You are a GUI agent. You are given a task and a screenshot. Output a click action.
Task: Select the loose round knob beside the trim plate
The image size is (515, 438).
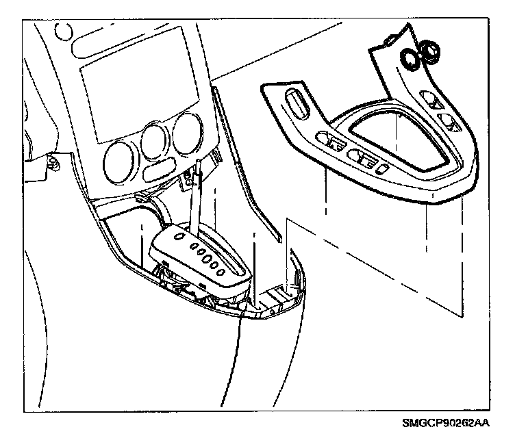pyautogui.click(x=431, y=51)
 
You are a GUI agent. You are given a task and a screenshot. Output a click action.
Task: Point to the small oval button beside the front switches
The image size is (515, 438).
pyautogui.click(x=385, y=169)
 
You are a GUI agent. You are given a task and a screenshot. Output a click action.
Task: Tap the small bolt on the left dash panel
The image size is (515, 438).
pyautogui.click(x=53, y=162)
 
